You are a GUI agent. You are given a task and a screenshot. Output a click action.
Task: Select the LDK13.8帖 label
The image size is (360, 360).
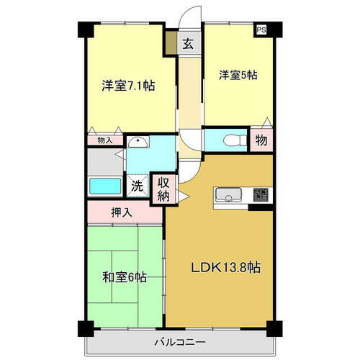click(225, 267)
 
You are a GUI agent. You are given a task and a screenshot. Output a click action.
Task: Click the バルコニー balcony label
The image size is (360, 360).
click(180, 341)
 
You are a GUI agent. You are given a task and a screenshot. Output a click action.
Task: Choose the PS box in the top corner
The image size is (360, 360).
click(262, 30)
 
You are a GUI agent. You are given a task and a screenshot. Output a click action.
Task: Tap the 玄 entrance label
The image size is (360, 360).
click(187, 43)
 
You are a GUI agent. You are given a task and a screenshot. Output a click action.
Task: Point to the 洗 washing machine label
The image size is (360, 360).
click(137, 185)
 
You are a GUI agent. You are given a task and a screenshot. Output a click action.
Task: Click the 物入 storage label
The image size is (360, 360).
click(104, 140)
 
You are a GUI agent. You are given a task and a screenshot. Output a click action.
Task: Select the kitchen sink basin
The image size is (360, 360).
click(228, 194)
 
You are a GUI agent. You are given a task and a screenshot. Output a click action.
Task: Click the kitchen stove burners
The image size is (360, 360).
click(260, 194)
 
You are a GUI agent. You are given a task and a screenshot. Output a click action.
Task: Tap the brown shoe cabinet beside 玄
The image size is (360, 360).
click(171, 44)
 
